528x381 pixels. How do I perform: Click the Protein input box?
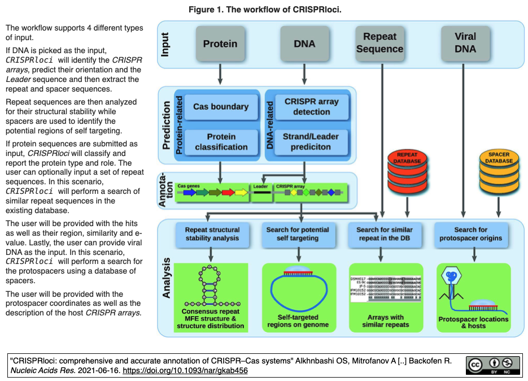220,44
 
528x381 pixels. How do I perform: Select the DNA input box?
304,44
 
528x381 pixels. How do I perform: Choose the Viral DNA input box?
465,43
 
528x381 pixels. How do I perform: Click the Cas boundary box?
221,107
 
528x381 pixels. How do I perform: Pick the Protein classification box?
220,142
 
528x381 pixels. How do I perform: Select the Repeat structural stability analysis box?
212,234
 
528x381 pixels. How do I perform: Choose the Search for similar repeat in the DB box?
384,234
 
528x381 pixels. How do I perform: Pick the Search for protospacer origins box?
471,234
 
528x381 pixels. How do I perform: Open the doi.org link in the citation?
185,371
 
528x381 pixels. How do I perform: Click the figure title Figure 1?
265,10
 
